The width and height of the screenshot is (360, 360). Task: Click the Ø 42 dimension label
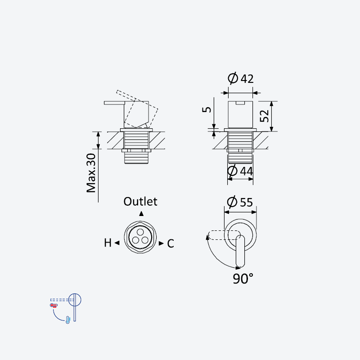tap(241, 78)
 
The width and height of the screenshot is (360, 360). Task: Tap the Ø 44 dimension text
tap(240, 171)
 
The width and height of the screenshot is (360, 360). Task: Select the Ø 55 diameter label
tap(240, 202)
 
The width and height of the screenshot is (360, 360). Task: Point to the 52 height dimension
tap(264, 116)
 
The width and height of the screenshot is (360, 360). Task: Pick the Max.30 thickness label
tap(91, 173)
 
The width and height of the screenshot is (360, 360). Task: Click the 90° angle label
tap(243, 279)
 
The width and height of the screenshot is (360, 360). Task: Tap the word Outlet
tap(140, 202)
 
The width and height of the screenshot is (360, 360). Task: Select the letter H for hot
tap(108, 243)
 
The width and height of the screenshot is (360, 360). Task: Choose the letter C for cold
tap(171, 243)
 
